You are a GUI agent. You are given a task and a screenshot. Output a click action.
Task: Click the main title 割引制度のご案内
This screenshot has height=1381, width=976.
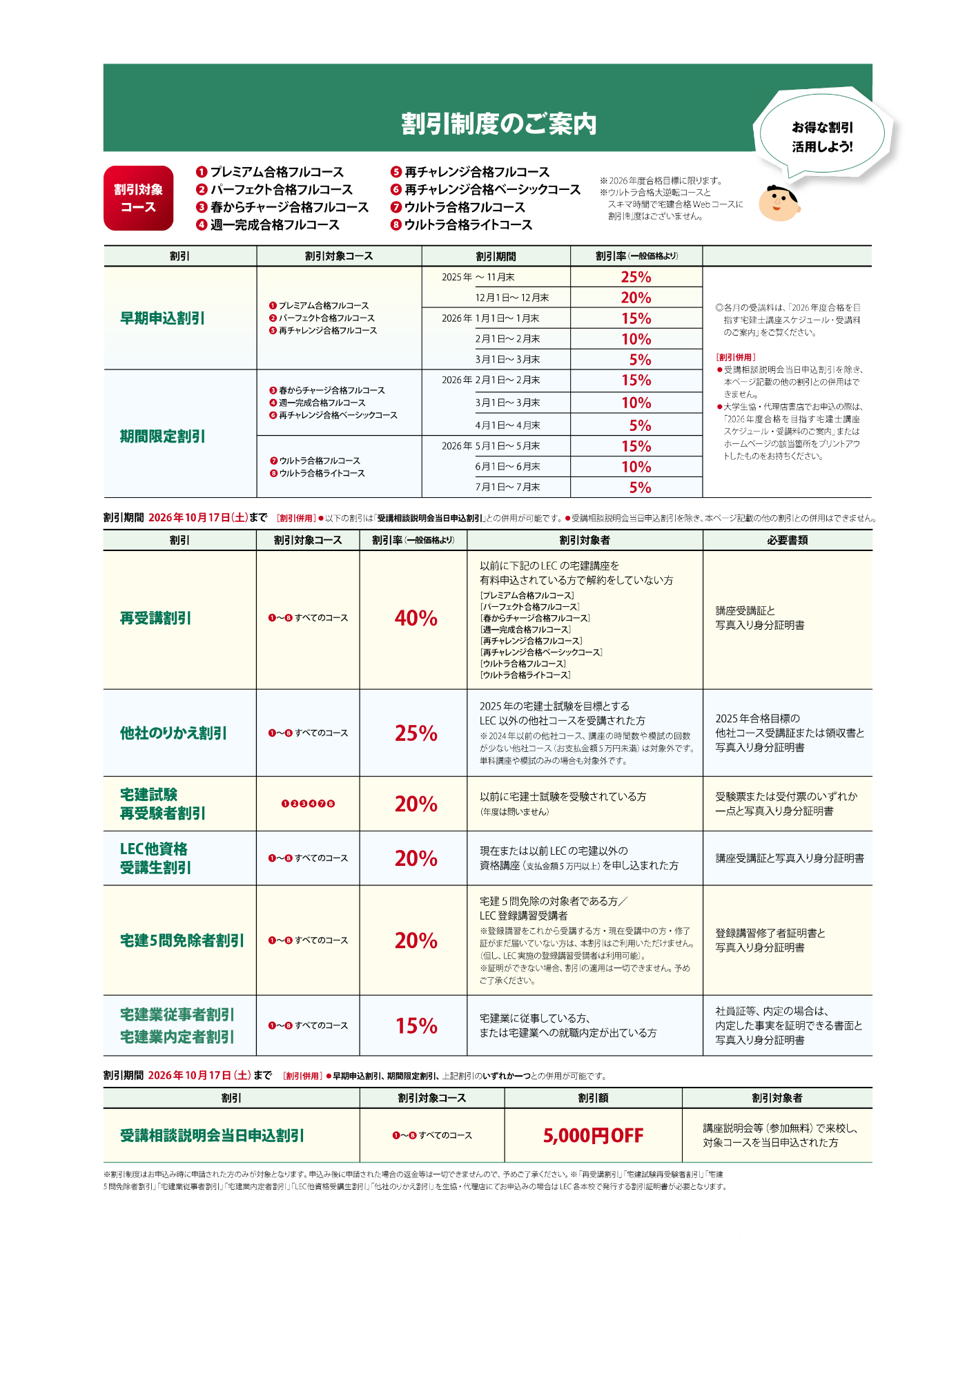(498, 124)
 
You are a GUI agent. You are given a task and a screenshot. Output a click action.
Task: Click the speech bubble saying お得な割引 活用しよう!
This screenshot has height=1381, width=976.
(821, 137)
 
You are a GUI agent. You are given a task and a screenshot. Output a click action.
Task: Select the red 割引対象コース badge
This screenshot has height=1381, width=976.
(138, 198)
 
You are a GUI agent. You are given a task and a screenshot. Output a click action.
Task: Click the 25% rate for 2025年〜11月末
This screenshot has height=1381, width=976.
(636, 277)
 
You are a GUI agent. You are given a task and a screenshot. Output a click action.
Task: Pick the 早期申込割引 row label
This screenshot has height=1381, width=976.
(162, 318)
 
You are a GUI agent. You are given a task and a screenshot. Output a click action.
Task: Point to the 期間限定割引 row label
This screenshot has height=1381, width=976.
(162, 436)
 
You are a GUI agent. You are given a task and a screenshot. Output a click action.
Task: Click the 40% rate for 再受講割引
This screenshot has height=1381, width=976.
(416, 618)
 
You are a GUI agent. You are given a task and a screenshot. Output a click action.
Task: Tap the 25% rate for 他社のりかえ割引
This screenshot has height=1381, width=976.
(416, 733)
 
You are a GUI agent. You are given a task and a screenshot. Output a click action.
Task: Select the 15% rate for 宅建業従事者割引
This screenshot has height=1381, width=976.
(416, 1026)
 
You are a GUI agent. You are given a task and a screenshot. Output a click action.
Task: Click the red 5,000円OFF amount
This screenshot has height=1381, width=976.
(593, 1136)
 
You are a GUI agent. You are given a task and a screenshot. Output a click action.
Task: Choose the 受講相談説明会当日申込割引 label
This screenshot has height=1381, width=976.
(212, 1136)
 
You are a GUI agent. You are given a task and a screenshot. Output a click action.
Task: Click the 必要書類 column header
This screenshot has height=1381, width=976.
(787, 540)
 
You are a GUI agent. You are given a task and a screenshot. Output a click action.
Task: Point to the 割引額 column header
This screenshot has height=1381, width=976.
(593, 1098)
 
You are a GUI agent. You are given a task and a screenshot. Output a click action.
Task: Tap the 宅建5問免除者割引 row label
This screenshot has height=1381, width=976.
(182, 940)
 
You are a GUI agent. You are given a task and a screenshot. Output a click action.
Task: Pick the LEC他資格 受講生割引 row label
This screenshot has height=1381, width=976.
(155, 858)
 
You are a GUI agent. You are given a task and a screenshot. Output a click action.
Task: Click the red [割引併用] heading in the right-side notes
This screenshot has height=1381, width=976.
(736, 357)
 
